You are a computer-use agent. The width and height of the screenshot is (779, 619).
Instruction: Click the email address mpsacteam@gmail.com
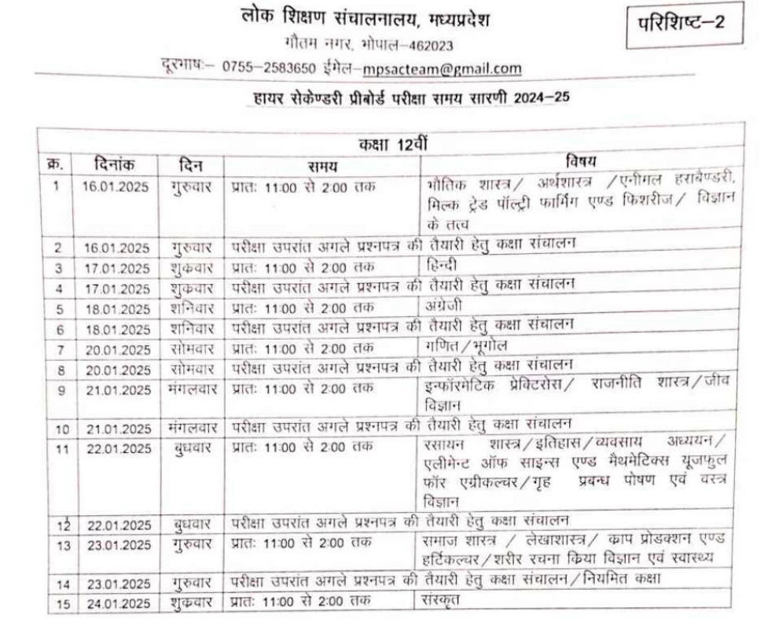(x=443, y=68)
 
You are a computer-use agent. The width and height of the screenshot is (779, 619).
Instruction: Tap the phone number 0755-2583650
(x=269, y=68)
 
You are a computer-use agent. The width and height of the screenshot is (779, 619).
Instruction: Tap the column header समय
(x=322, y=165)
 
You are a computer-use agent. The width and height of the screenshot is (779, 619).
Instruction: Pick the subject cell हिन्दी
(x=438, y=263)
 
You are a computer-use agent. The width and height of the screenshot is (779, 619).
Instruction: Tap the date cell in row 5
(x=116, y=308)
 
